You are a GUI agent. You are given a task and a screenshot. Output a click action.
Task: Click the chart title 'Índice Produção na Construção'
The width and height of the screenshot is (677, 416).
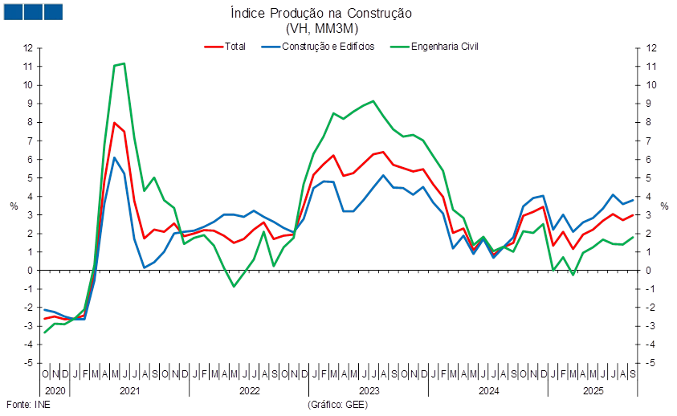point(321,14)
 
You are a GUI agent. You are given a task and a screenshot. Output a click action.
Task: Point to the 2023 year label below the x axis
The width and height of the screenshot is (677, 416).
point(369,391)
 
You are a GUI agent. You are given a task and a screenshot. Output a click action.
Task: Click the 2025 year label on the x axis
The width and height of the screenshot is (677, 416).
point(593,391)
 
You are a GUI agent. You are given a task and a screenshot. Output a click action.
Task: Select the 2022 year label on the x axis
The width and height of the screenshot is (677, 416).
point(250,391)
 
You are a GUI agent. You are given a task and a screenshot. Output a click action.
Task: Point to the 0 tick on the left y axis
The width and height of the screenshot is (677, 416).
point(29,271)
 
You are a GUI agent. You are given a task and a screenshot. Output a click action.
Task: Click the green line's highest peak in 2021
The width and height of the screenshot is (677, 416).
point(123,63)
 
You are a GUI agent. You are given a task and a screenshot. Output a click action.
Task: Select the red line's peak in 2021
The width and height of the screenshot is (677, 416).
point(114,122)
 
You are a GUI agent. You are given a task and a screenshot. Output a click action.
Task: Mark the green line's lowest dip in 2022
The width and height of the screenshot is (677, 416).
point(234,287)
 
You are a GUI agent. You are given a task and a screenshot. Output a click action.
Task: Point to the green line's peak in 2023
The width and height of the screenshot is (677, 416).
point(373,101)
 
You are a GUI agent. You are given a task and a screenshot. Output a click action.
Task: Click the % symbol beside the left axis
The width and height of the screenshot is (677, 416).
point(14,206)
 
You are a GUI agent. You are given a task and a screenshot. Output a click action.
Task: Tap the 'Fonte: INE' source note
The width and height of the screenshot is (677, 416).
point(22,404)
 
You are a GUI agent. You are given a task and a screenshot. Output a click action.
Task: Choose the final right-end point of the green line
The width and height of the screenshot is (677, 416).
point(634,236)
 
